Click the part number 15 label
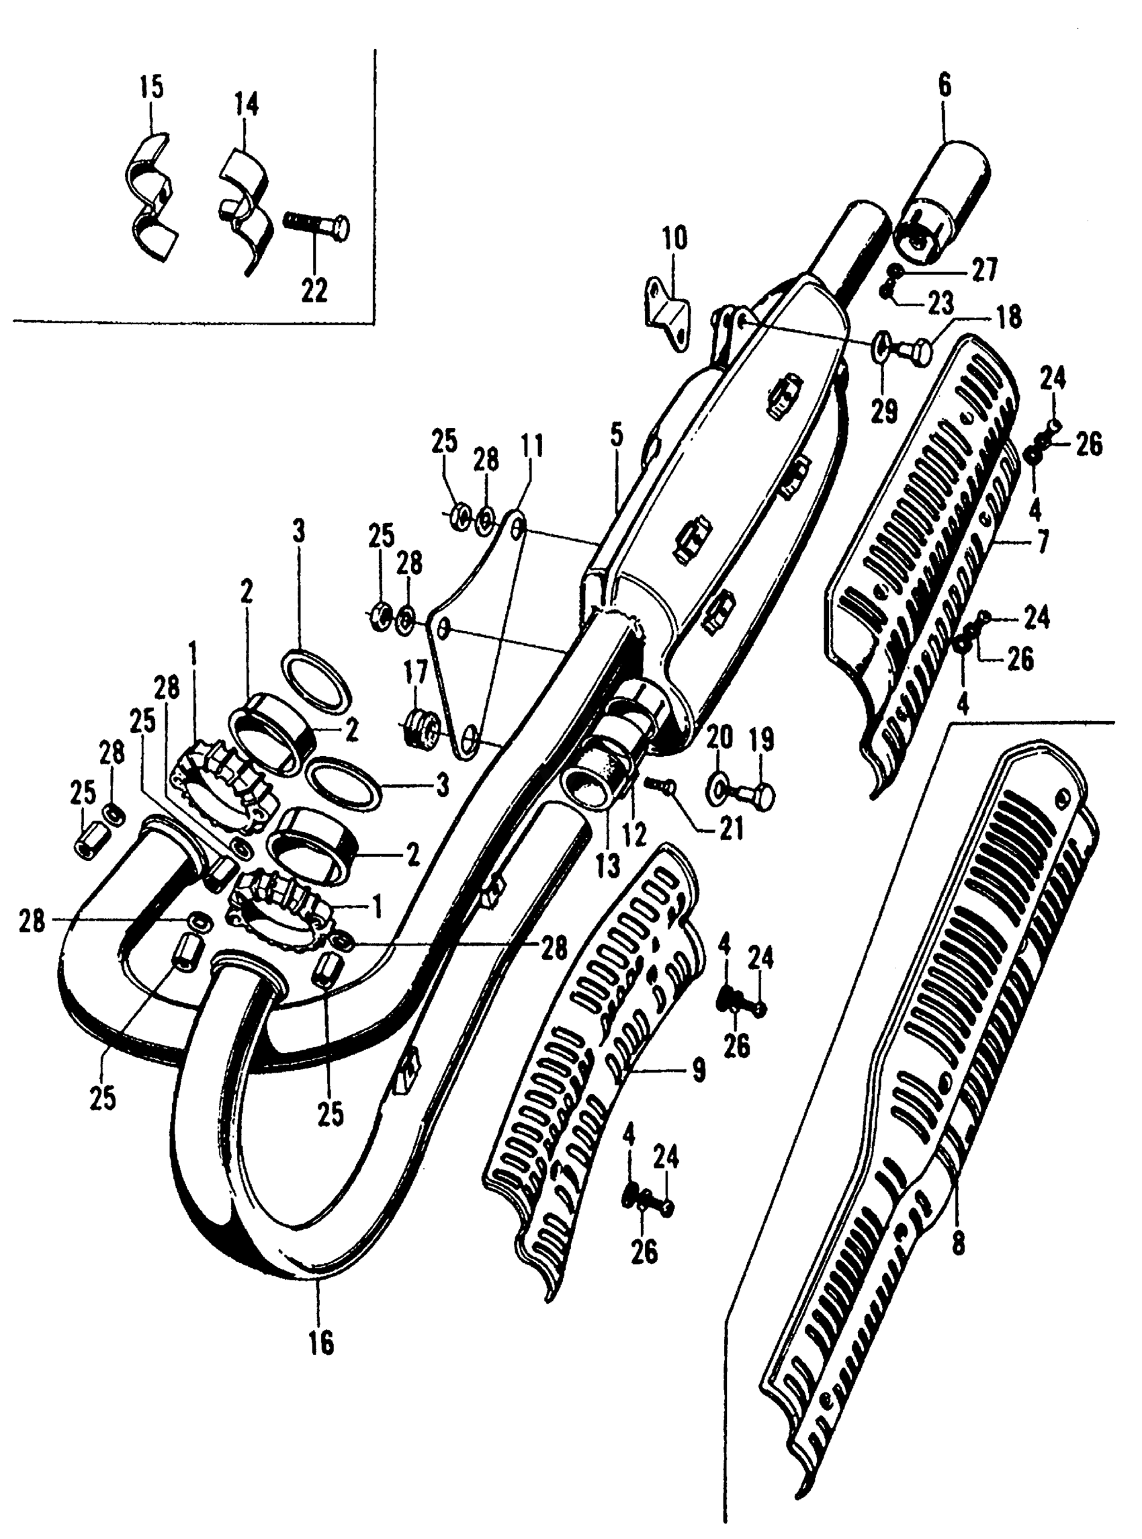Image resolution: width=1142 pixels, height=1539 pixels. click(x=151, y=89)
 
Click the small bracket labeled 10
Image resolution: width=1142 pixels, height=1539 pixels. click(x=666, y=315)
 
